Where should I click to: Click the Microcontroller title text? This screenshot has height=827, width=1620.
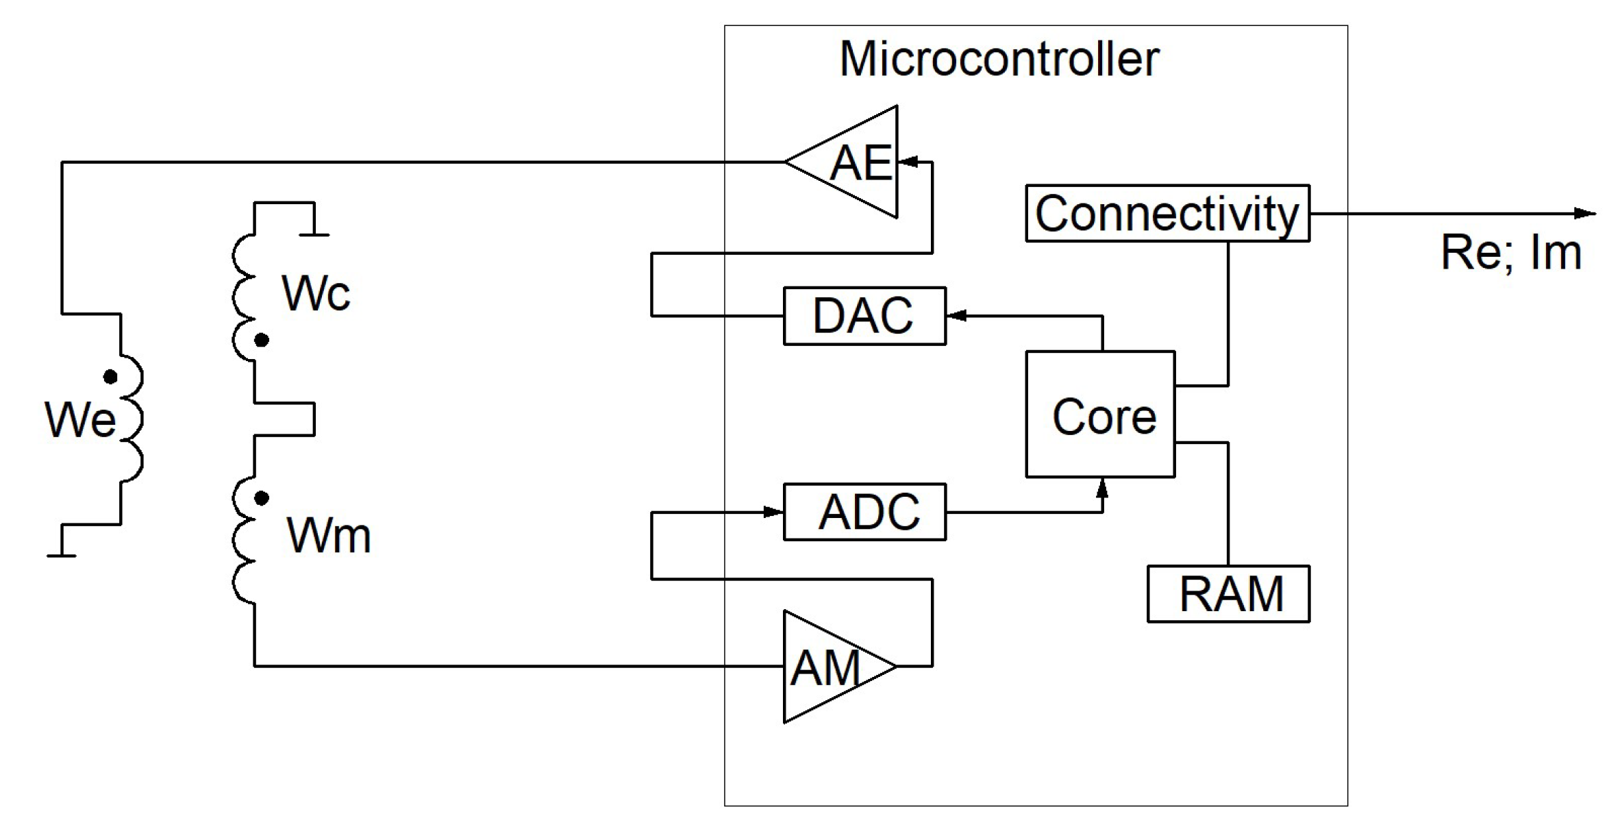[999, 59]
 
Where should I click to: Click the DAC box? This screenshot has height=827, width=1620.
[864, 316]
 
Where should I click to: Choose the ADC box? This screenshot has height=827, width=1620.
[864, 512]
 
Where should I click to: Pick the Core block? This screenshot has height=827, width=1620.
[1100, 415]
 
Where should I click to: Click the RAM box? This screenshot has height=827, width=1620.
[1228, 593]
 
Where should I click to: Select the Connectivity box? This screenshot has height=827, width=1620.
[1167, 213]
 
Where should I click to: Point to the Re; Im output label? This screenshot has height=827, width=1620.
[1510, 253]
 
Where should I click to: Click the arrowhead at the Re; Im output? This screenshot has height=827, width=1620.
[1585, 213]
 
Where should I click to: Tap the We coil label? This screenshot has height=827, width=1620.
[79, 419]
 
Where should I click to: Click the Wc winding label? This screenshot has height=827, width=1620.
[315, 294]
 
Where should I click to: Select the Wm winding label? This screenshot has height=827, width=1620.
[328, 535]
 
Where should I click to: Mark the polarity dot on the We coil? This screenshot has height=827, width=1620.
[110, 377]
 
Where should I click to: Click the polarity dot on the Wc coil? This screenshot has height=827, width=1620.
[261, 340]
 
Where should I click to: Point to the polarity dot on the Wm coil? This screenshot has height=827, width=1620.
[261, 498]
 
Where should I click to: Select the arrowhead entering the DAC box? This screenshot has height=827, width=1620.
[956, 316]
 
